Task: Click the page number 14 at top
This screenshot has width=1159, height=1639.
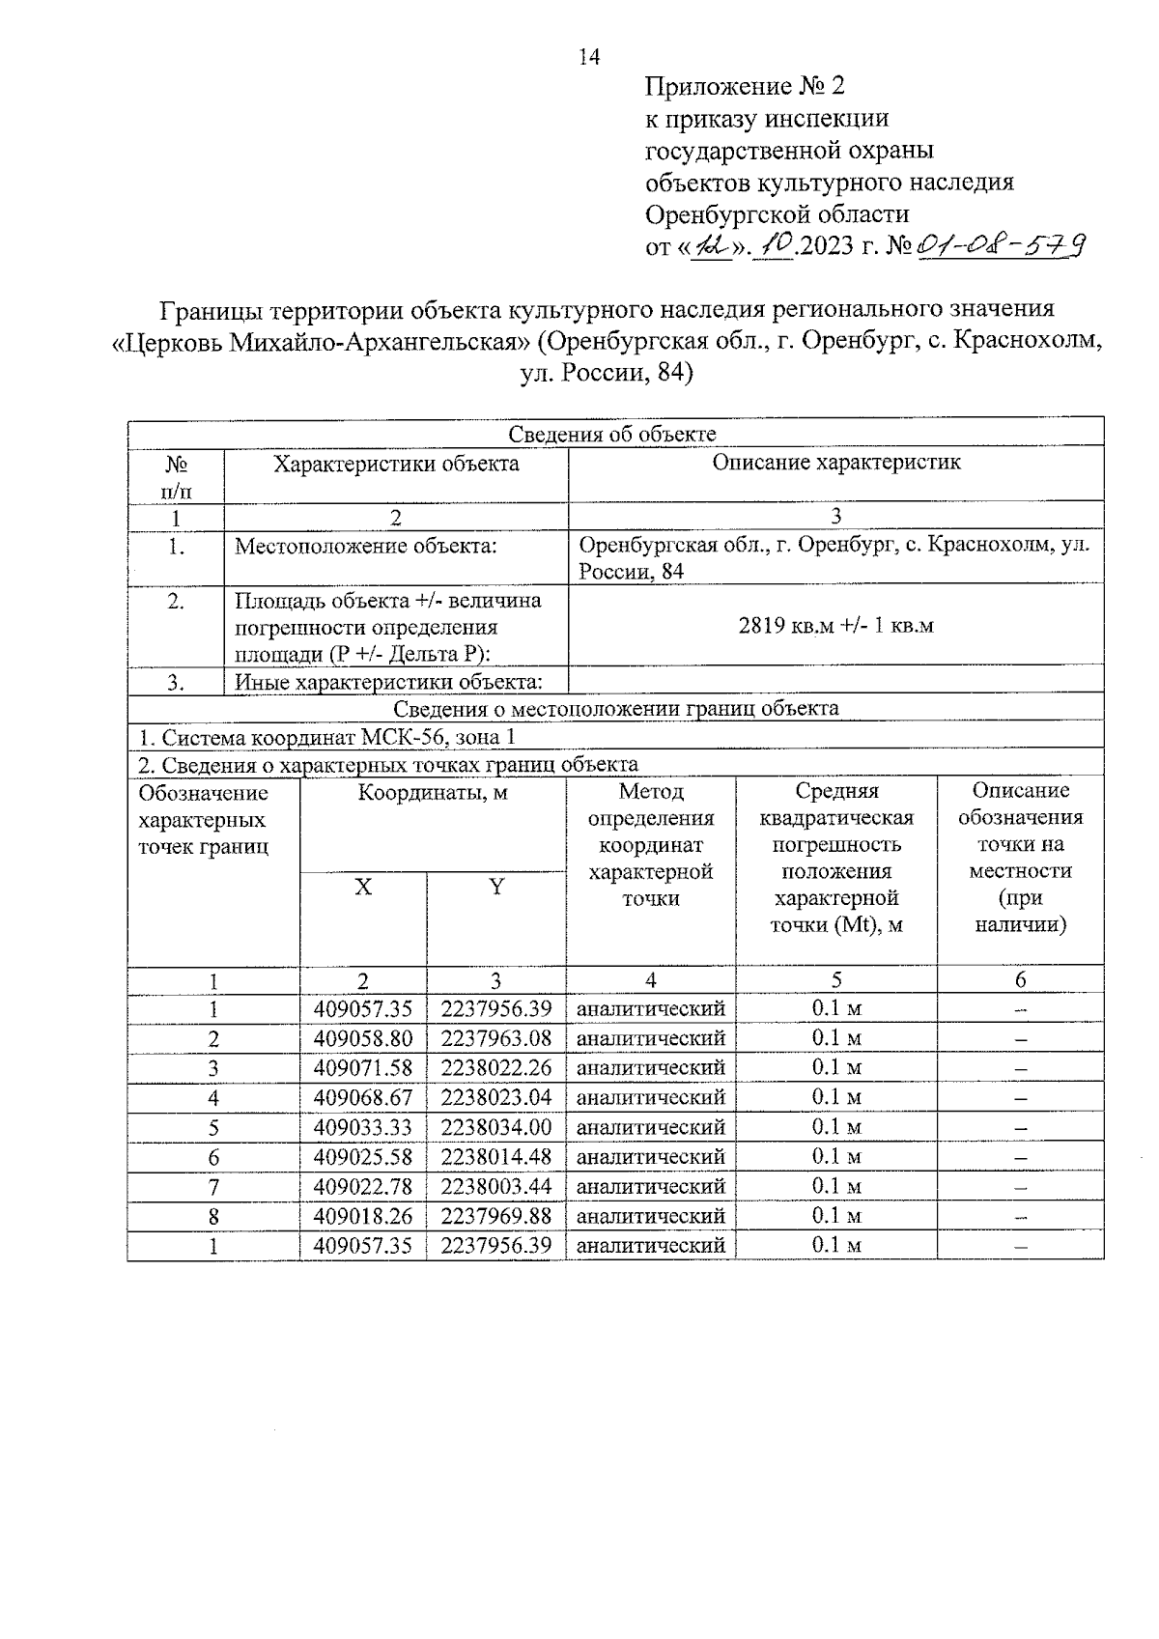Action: tap(588, 57)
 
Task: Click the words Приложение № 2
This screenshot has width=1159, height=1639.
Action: tap(744, 87)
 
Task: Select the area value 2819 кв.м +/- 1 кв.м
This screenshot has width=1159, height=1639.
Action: tap(835, 625)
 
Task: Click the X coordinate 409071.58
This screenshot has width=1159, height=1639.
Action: tap(363, 1067)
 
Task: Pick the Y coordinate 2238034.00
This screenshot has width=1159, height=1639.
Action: tap(495, 1127)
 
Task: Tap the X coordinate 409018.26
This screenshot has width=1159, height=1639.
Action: tap(363, 1216)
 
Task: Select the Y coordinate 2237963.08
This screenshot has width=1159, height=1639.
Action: tap(495, 1038)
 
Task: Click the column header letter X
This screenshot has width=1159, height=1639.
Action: tap(362, 887)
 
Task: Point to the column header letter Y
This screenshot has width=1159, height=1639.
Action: tap(495, 887)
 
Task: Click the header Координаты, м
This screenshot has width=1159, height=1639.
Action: tap(433, 794)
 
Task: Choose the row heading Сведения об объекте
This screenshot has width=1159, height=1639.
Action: tap(612, 434)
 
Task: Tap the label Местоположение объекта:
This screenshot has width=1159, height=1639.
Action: tap(366, 547)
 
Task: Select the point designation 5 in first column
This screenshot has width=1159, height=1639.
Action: tap(213, 1127)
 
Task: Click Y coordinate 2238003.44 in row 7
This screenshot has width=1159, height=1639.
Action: tap(495, 1186)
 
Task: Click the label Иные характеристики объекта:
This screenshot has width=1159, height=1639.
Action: tap(388, 683)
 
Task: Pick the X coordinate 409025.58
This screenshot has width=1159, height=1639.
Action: tap(363, 1157)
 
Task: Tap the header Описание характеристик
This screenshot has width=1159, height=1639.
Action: tap(835, 463)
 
